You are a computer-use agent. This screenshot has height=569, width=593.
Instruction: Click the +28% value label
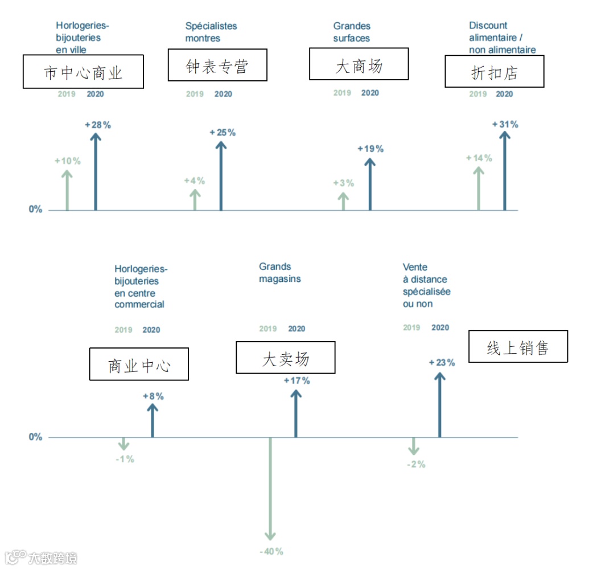tap(98, 125)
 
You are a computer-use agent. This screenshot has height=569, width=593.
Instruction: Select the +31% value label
tap(505, 124)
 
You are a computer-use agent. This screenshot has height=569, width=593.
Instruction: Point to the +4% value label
tap(194, 181)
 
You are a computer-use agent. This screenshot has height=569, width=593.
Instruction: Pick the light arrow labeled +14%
tap(479, 188)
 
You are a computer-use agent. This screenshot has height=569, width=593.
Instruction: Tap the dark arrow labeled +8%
tap(152, 420)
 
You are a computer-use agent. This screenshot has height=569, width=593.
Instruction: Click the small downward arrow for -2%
tap(414, 446)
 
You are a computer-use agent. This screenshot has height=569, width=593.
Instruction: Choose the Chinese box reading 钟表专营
tap(217, 66)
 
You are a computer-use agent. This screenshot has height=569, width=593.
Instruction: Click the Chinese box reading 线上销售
tap(518, 346)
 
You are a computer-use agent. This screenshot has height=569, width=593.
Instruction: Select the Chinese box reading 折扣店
tap(494, 71)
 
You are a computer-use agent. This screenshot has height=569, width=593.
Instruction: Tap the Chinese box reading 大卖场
tap(286, 358)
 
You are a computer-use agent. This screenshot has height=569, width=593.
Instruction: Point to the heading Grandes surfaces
tap(352, 32)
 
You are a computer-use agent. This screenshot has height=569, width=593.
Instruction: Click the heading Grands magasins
tap(280, 273)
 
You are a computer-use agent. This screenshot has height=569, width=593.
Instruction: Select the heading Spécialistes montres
tap(211, 32)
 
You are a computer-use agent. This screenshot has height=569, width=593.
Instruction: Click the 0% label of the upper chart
tap(36, 209)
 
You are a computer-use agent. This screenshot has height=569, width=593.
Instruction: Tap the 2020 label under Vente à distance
tap(440, 328)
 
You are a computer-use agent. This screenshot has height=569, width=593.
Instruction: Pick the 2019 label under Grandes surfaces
tap(342, 93)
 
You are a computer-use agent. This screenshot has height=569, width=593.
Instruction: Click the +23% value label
tap(442, 362)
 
